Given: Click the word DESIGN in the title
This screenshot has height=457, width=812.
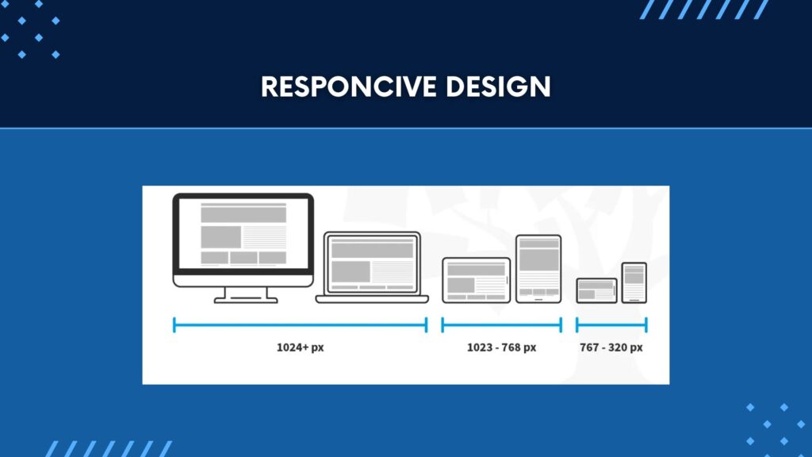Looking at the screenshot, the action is pos(498,86).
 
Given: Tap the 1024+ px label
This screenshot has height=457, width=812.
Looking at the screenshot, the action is pos(301,348).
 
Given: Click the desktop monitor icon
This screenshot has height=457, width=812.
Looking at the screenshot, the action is pos(243,248).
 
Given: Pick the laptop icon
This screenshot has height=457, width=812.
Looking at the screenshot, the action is pos(372,267).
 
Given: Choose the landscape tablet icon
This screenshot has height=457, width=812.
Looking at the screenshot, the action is pos(477,280).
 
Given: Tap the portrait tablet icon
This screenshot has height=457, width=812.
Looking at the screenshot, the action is pos(538,269).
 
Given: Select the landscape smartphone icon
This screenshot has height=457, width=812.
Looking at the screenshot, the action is pos(596,290).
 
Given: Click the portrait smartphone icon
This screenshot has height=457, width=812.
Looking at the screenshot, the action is pos(634,283).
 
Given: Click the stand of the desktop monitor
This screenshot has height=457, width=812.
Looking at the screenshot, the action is pos(246,295).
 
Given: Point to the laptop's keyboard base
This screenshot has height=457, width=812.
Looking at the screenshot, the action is pos(372,299).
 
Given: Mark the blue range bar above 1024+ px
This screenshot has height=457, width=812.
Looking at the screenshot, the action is pos(301,325).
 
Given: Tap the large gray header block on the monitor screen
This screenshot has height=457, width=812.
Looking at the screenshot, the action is pos(243,213).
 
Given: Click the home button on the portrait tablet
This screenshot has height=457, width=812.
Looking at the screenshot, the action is pos(538,299).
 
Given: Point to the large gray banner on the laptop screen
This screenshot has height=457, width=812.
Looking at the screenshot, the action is pos(373,249).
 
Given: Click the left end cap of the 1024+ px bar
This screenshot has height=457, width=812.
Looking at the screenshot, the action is pos(174,325).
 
